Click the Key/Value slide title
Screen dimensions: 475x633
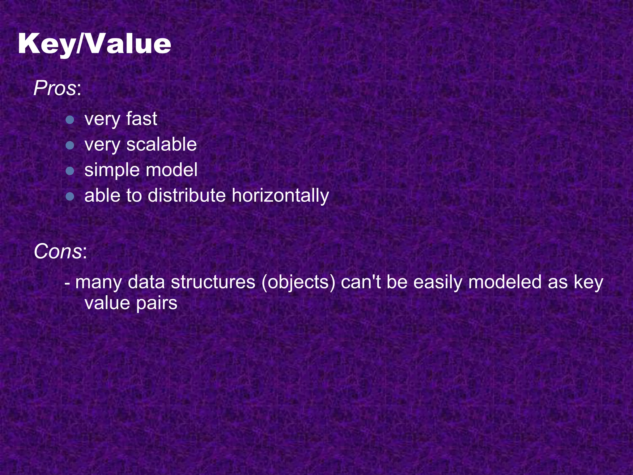tap(94, 44)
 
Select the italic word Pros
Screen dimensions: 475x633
tap(55, 88)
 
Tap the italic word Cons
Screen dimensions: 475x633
tap(58, 251)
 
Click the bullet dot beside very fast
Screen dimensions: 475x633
tap(70, 120)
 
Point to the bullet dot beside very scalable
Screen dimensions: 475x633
tap(70, 145)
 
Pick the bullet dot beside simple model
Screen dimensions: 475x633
tap(70, 171)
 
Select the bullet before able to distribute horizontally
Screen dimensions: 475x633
tap(70, 196)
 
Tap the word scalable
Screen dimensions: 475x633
tap(161, 144)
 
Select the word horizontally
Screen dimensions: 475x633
tap(280, 196)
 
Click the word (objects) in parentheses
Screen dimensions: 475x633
tap(298, 282)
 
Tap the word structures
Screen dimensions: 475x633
tap(213, 282)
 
